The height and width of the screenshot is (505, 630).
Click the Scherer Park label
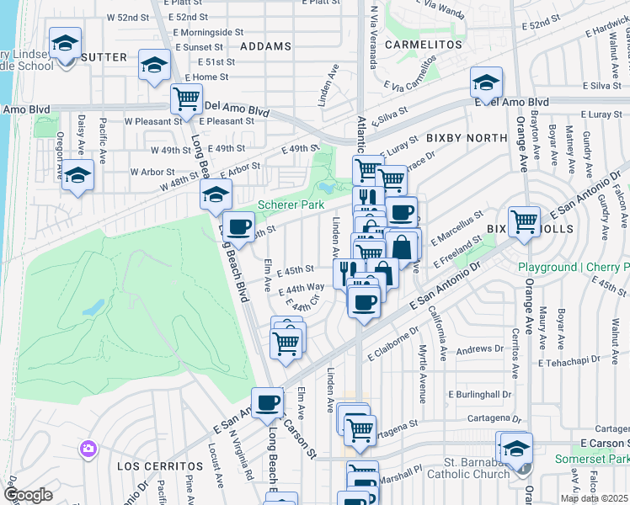291,205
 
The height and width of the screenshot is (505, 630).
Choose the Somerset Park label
592,459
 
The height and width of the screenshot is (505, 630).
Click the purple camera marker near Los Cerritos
88,449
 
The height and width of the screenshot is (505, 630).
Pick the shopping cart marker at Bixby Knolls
524,222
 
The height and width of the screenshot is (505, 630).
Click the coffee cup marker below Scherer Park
239,226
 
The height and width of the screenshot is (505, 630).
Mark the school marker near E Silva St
486,82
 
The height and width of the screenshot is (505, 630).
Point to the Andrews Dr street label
480,348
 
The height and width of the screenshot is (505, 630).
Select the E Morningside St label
208,32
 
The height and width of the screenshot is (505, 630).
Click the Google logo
28,495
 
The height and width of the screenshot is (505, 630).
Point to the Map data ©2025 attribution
595,498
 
